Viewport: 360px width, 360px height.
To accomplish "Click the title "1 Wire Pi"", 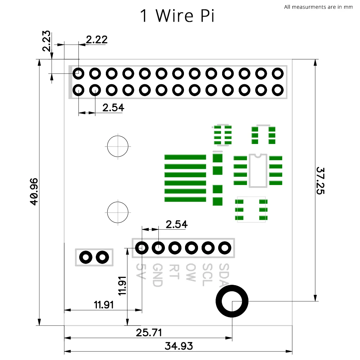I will [177, 16].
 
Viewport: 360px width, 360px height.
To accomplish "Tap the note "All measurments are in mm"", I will [318, 7].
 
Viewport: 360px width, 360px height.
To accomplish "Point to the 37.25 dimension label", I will [320, 180].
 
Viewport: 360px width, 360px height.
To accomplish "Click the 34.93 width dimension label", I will [179, 346].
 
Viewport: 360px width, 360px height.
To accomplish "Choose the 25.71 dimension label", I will [149, 332].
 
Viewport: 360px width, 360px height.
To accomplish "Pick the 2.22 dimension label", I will [97, 40].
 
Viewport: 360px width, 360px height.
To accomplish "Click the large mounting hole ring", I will [232, 301].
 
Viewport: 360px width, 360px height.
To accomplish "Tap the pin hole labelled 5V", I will [142, 248].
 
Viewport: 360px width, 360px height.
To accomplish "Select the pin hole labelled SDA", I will [225, 248].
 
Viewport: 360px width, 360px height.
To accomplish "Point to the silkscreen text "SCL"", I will [207, 275].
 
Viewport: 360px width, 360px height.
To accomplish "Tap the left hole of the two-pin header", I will [86, 257].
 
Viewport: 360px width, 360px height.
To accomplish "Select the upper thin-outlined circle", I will [118, 146].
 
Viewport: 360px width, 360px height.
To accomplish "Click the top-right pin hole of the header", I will [278, 73].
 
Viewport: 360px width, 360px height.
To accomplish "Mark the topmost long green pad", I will [185, 157].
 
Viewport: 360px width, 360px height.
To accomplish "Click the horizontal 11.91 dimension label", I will [104, 305].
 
